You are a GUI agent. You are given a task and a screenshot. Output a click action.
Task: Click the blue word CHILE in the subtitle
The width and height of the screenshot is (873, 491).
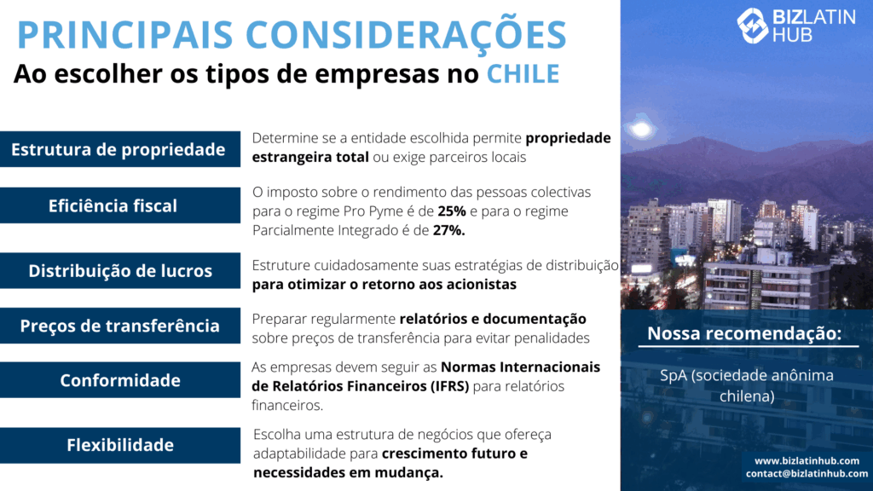pyautogui.click(x=523, y=74)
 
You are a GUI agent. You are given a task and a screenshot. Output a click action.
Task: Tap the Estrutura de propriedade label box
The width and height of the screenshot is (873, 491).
pyautogui.click(x=119, y=149)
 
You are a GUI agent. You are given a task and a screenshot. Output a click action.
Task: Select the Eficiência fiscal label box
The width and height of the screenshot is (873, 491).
pyautogui.click(x=119, y=205)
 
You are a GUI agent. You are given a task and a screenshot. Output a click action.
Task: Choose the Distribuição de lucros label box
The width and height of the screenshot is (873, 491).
pyautogui.click(x=119, y=270)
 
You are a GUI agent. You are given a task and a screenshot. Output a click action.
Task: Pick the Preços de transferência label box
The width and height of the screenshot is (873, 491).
pyautogui.click(x=119, y=326)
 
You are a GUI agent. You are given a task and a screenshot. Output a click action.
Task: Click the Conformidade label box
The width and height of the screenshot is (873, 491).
pyautogui.click(x=119, y=380)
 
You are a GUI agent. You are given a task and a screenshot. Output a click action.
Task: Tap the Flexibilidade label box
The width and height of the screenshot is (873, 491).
pyautogui.click(x=119, y=445)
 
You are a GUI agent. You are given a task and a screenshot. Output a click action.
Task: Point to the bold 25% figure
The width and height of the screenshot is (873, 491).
pyautogui.click(x=452, y=211)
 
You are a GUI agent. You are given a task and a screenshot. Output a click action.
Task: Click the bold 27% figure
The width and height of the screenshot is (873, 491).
pyautogui.click(x=448, y=230)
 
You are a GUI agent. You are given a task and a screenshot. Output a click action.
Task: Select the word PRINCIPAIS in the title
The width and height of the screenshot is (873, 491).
pyautogui.click(x=125, y=34)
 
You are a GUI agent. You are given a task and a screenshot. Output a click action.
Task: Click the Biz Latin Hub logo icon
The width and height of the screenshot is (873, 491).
pyautogui.click(x=752, y=25)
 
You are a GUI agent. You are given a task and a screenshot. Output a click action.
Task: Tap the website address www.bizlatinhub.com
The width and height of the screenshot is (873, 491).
pyautogui.click(x=807, y=460)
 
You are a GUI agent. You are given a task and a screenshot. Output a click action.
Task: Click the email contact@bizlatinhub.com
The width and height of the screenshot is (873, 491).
pyautogui.click(x=807, y=474)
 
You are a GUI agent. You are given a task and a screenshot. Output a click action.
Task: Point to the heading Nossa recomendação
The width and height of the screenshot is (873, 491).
pyautogui.click(x=744, y=333)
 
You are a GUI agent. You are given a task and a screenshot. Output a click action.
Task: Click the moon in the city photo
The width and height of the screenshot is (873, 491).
pyautogui.click(x=641, y=130)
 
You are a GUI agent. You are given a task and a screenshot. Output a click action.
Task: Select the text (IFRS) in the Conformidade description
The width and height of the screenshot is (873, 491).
pyautogui.click(x=449, y=386)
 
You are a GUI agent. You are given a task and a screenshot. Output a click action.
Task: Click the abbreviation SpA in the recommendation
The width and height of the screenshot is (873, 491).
pyautogui.click(x=674, y=376)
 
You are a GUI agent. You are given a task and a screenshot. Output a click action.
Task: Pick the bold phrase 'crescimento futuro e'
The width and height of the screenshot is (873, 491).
pyautogui.click(x=454, y=453)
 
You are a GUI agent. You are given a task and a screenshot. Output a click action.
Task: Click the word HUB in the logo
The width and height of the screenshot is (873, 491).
pyautogui.click(x=792, y=35)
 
